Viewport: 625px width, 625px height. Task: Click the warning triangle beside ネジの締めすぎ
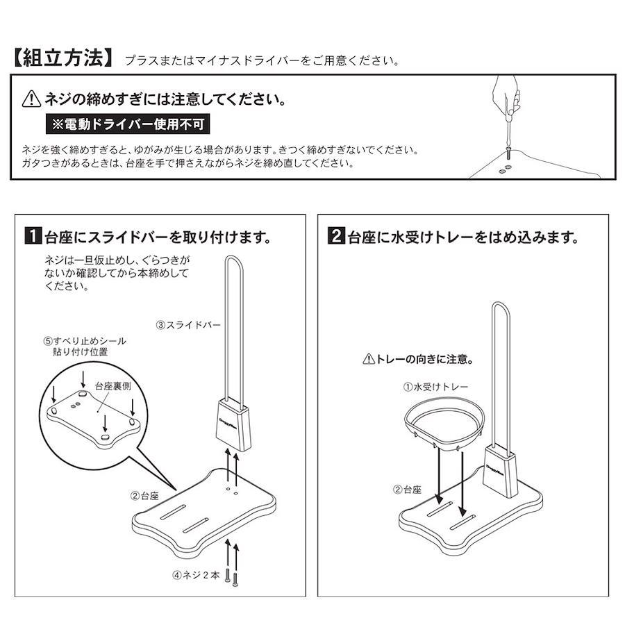tap(31, 99)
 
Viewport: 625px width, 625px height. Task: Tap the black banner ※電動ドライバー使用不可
tap(128, 124)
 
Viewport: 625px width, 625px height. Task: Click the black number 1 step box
tap(33, 235)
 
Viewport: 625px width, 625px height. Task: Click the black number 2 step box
tap(336, 235)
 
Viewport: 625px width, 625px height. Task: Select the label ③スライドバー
tap(188, 325)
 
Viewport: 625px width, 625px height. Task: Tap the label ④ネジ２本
tap(196, 575)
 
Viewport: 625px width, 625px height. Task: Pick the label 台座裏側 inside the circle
tap(112, 385)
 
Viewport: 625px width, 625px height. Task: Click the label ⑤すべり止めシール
tap(85, 341)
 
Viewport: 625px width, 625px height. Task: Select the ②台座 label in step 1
tap(144, 496)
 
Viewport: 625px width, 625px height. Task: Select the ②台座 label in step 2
tap(407, 490)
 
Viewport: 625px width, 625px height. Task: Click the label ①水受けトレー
tap(435, 387)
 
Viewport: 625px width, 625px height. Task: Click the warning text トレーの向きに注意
tap(419, 359)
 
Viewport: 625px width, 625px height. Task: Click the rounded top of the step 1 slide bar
tap(235, 256)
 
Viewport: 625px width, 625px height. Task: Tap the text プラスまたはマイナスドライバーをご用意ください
tap(262, 60)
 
